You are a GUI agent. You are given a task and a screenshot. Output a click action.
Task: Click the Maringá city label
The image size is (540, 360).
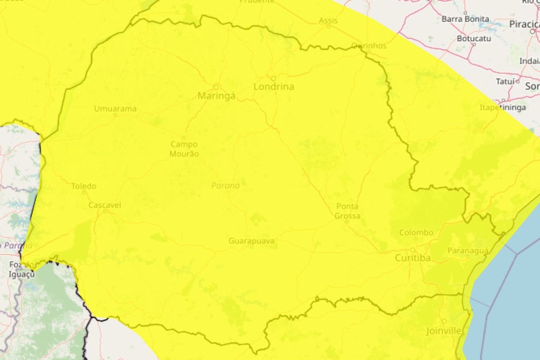[x=217, y=96]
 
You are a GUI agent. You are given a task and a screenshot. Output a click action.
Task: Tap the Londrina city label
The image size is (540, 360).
[x=274, y=87]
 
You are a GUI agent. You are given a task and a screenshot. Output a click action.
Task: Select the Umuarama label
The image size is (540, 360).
[x=115, y=108]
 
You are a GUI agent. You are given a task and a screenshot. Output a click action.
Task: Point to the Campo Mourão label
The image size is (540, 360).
[x=184, y=149]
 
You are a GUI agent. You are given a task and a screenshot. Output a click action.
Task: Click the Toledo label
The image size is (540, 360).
[x=83, y=186]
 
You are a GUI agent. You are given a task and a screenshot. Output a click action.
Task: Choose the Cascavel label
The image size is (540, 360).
[x=105, y=205]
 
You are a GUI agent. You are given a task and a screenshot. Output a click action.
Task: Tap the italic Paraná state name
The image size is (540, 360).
[x=226, y=185]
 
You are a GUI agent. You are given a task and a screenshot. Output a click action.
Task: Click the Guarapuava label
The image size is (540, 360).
[x=251, y=240]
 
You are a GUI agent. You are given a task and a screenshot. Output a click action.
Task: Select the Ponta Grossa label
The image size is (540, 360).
[x=347, y=211]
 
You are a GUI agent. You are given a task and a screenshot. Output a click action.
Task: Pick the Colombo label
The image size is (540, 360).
[x=416, y=232]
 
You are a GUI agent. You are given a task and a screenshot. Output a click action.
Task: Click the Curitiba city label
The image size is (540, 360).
[x=413, y=257]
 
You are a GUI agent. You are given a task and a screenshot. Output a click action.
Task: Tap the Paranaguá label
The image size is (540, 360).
[x=468, y=250]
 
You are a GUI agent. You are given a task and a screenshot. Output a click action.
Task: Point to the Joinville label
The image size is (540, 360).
[x=443, y=331]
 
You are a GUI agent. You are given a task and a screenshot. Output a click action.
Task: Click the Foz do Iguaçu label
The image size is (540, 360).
[x=22, y=269]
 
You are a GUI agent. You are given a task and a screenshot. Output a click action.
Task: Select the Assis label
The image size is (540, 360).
[x=329, y=20]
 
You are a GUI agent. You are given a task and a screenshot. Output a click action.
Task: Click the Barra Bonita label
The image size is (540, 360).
[x=465, y=19]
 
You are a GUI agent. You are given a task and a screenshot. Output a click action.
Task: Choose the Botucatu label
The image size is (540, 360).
[x=474, y=39]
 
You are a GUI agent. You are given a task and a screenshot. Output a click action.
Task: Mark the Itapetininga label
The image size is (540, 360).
[x=503, y=106]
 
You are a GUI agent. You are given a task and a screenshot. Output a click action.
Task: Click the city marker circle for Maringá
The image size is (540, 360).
[x=217, y=86]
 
